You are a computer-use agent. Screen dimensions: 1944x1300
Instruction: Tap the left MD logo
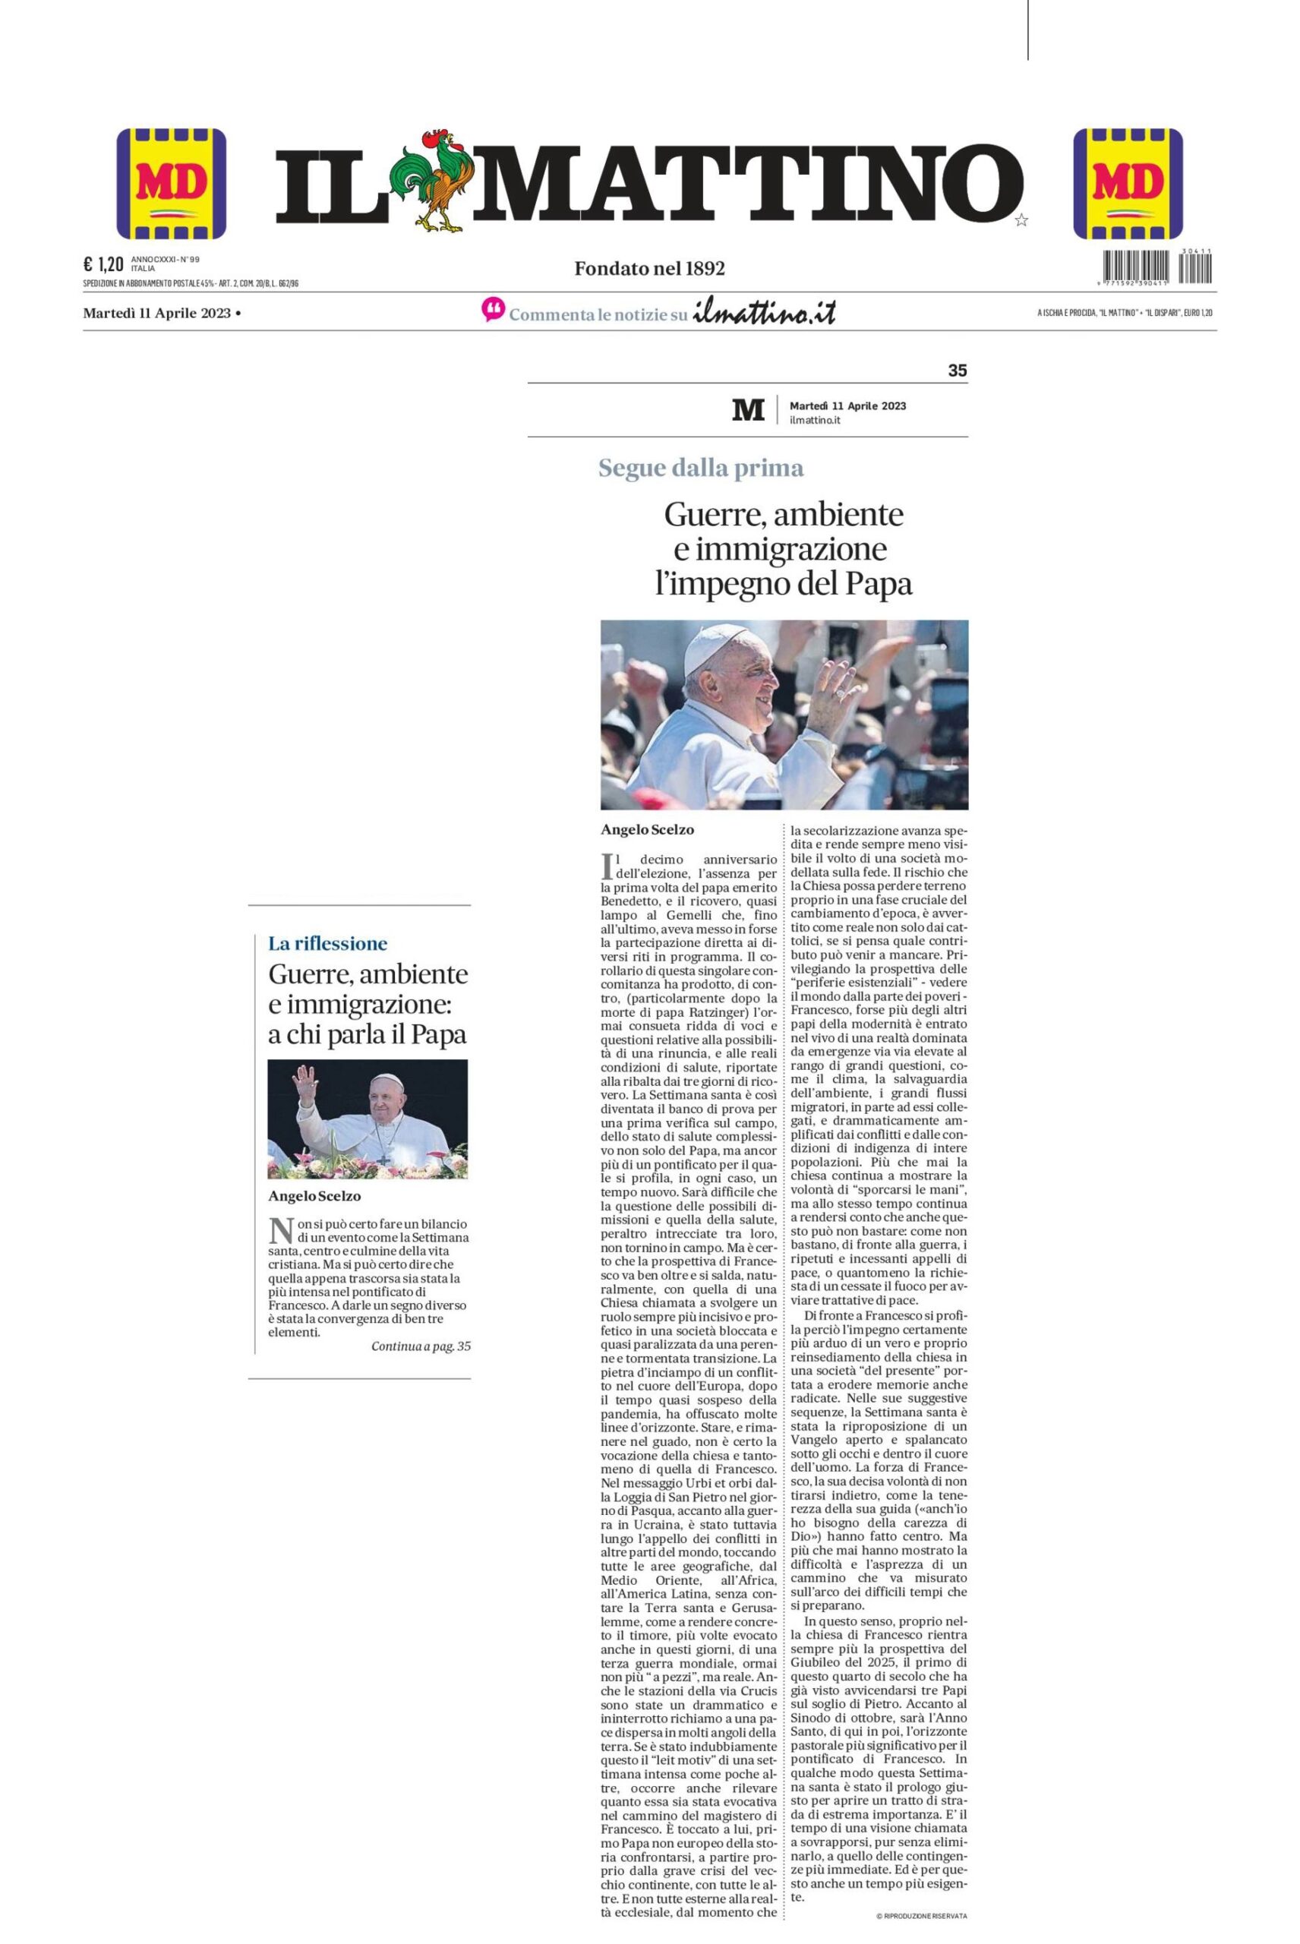coord(172,183)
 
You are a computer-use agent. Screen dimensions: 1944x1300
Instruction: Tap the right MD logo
coord(1128,183)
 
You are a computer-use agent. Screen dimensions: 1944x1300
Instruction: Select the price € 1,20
coord(103,264)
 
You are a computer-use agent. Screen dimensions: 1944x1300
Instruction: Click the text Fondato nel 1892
coord(650,268)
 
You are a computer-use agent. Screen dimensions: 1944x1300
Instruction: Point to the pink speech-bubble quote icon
coord(493,310)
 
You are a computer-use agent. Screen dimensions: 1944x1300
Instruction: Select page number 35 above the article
coord(957,371)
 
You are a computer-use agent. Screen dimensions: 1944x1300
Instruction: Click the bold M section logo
coord(749,409)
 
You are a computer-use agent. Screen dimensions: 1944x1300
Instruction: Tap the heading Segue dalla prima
coord(701,469)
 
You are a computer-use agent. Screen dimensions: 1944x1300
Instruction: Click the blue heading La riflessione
coord(327,942)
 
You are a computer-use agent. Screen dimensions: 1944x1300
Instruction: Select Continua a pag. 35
coord(421,1346)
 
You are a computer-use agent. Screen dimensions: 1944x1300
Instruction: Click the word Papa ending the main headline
coord(878,585)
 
